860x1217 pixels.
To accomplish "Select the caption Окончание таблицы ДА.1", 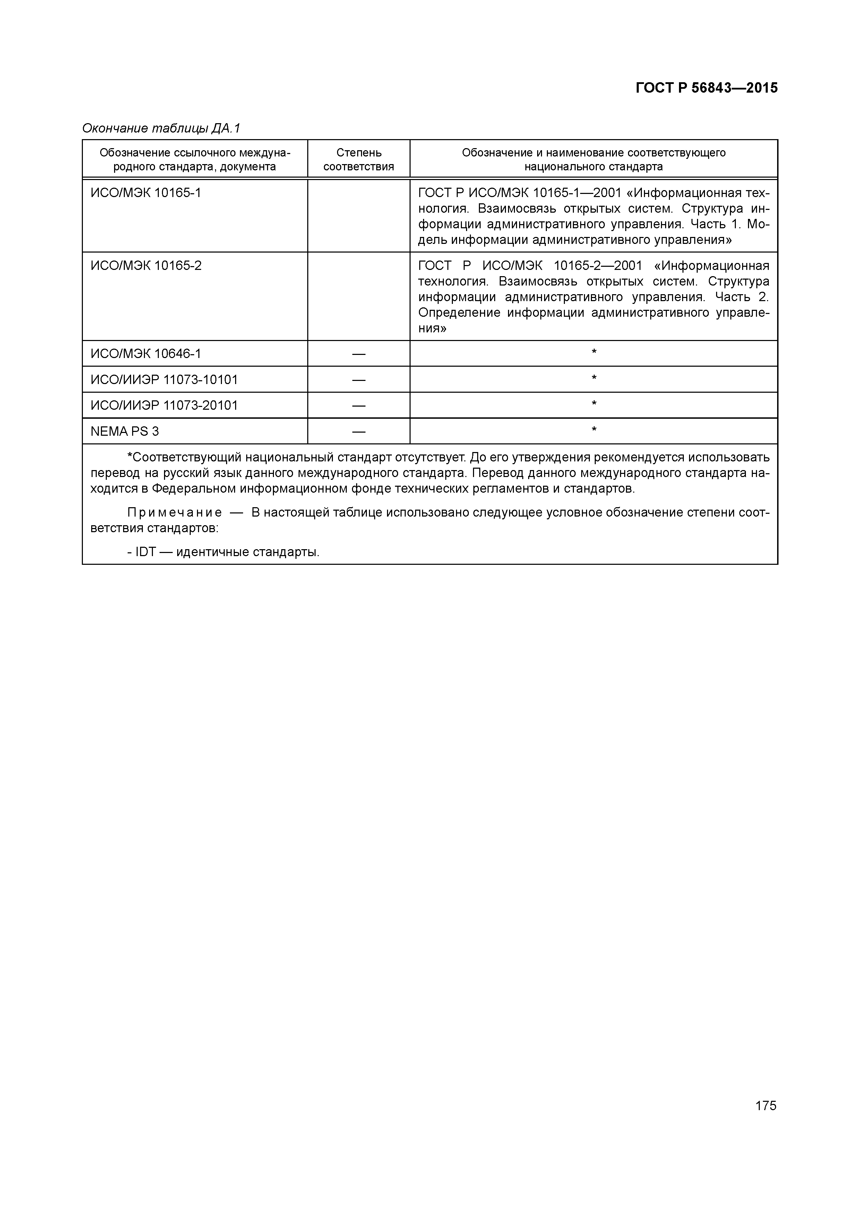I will point(161,128).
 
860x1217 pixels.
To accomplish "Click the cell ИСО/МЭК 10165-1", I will point(146,193).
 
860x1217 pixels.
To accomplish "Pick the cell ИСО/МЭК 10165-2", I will point(146,265).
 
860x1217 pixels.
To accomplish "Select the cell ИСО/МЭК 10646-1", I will point(146,354).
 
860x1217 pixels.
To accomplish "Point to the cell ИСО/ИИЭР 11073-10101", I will point(164,380).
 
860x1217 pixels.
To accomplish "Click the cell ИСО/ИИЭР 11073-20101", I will point(164,406).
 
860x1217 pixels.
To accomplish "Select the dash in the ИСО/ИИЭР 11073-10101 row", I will point(359,380).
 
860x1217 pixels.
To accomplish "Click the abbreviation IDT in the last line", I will point(145,552).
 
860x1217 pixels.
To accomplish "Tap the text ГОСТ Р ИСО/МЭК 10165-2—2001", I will point(530,265).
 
